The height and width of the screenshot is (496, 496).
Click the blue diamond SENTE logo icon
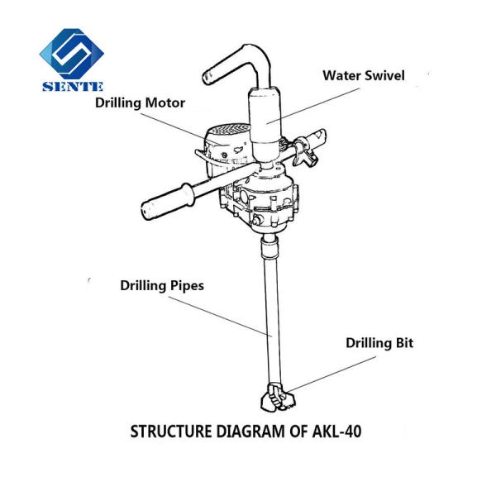click(x=72, y=50)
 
